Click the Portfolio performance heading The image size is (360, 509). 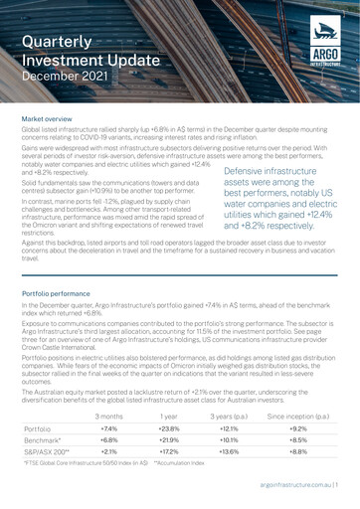click(x=61, y=296)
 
